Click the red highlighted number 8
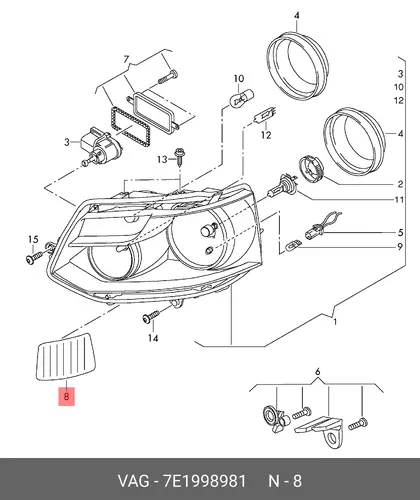pyautogui.click(x=66, y=397)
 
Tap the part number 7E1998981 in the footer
pyautogui.click(x=204, y=481)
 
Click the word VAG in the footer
pyautogui.click(x=133, y=481)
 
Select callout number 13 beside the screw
pyautogui.click(x=162, y=160)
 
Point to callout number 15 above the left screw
pyautogui.click(x=33, y=239)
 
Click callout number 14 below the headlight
pyautogui.click(x=153, y=338)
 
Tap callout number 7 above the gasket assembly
pyautogui.click(x=126, y=60)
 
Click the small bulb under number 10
pyautogui.click(x=241, y=98)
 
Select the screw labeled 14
pyautogui.click(x=151, y=316)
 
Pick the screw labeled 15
pyautogui.click(x=34, y=257)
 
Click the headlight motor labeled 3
pyautogui.click(x=99, y=147)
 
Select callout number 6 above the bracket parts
pyautogui.click(x=317, y=371)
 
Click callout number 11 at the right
pyautogui.click(x=399, y=200)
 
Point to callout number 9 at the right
pyautogui.click(x=400, y=247)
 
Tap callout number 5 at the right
pyautogui.click(x=400, y=232)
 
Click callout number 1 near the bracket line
pyautogui.click(x=335, y=322)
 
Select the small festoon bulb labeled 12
pyautogui.click(x=264, y=116)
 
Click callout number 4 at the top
pyautogui.click(x=297, y=16)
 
